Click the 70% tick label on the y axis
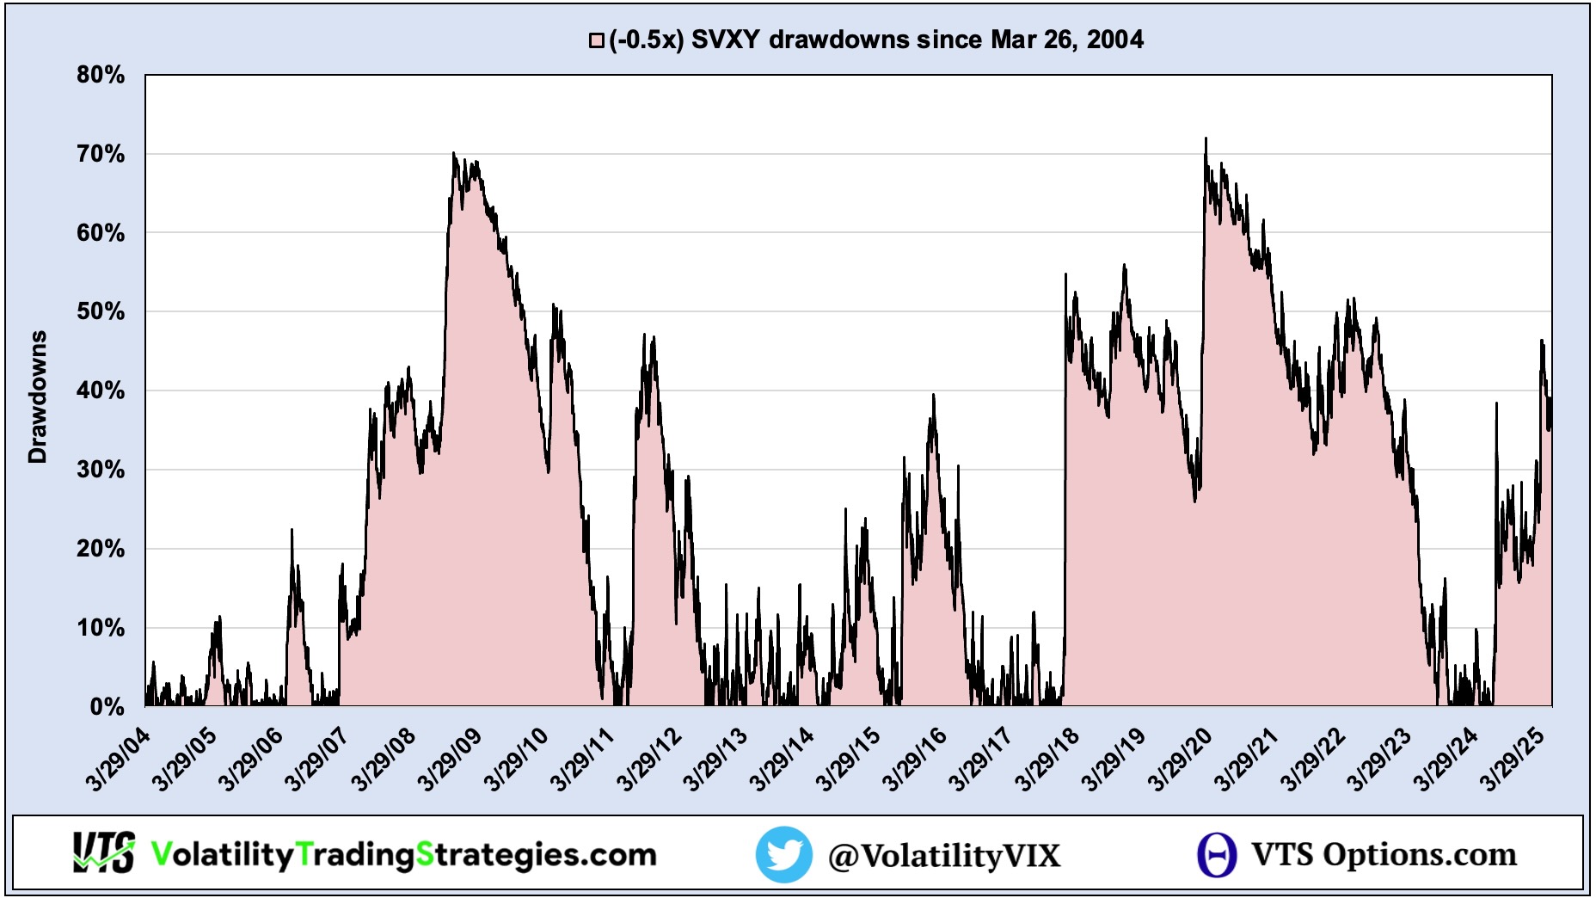[101, 155]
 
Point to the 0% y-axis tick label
[107, 707]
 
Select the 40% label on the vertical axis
[101, 391]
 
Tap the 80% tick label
[101, 76]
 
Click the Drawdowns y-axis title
[38, 397]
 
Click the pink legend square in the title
[596, 40]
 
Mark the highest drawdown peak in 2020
[1206, 138]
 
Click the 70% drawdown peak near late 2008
[453, 154]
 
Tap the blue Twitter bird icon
[783, 854]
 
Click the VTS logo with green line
[103, 853]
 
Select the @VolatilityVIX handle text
[944, 856]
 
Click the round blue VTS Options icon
[1217, 855]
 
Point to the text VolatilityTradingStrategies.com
[403, 854]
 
